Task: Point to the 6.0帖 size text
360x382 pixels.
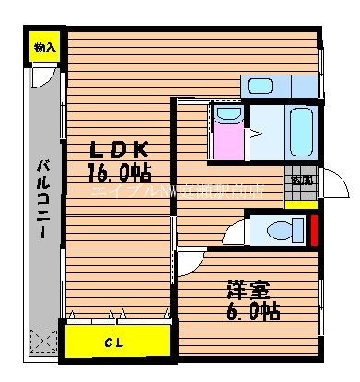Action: coord(250,310)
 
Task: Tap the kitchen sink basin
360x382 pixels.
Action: coord(261,87)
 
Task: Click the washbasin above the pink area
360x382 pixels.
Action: coord(226,115)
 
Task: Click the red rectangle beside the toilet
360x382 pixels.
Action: coord(314,229)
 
